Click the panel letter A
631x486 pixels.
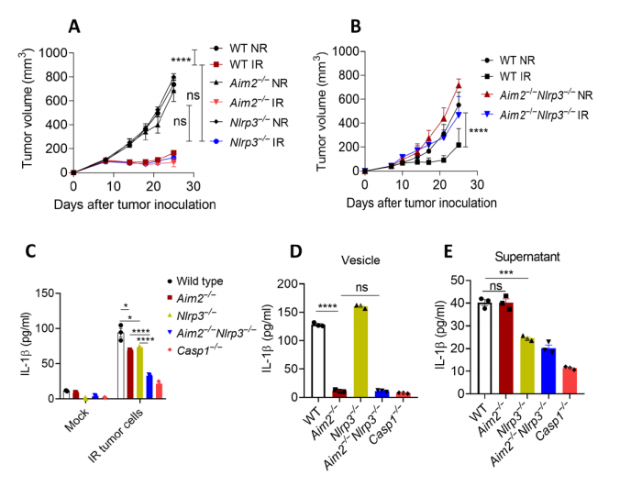pos(74,27)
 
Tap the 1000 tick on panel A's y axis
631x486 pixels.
pos(53,52)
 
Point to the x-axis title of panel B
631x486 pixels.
pos(421,203)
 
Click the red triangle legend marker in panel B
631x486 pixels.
pos(487,94)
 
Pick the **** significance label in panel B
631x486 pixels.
pos(478,131)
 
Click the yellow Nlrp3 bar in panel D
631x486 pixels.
pos(360,351)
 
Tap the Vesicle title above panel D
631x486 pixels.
pos(360,260)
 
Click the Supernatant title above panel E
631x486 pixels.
pos(527,257)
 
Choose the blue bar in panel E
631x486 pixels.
pos(548,370)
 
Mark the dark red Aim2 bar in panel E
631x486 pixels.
pos(506,348)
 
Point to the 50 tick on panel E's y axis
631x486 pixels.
pos(457,281)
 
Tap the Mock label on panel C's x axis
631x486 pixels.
pos(76,420)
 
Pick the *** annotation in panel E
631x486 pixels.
pos(506,273)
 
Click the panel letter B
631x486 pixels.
pos(356,27)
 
